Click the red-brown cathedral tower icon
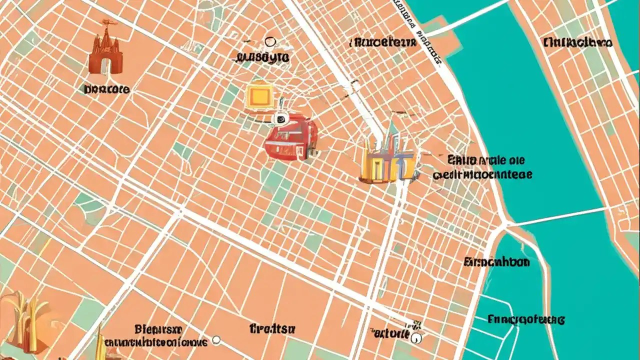(x=105, y=47)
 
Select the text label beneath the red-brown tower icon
(x=107, y=90)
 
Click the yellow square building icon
(x=259, y=96)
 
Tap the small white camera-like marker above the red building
(x=280, y=118)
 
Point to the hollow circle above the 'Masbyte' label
(x=270, y=42)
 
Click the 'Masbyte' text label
(x=262, y=57)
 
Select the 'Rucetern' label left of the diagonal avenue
(x=383, y=42)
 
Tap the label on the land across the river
(x=577, y=43)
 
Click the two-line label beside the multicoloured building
(x=482, y=167)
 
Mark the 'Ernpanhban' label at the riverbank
(x=496, y=262)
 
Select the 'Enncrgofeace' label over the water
(x=526, y=318)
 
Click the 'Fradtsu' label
(x=272, y=328)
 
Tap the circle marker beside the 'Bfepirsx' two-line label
(x=216, y=340)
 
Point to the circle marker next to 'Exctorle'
(x=416, y=338)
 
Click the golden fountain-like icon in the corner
(x=22, y=320)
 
